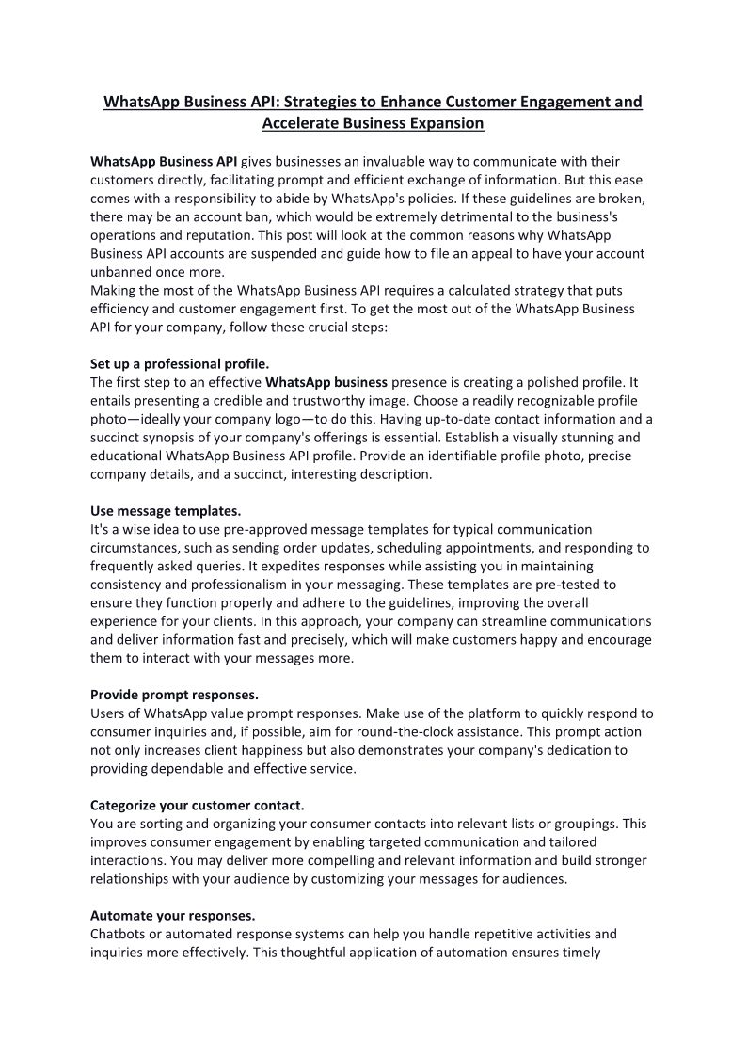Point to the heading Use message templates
pos(166,511)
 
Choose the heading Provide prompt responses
pos(174,695)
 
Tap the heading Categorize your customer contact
pos(197,805)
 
